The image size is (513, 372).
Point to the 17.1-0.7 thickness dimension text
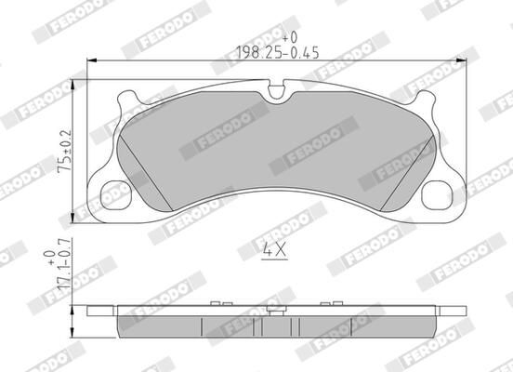[63, 278]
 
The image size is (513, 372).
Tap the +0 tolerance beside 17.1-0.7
[49, 255]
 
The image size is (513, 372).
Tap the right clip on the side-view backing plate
[325, 303]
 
